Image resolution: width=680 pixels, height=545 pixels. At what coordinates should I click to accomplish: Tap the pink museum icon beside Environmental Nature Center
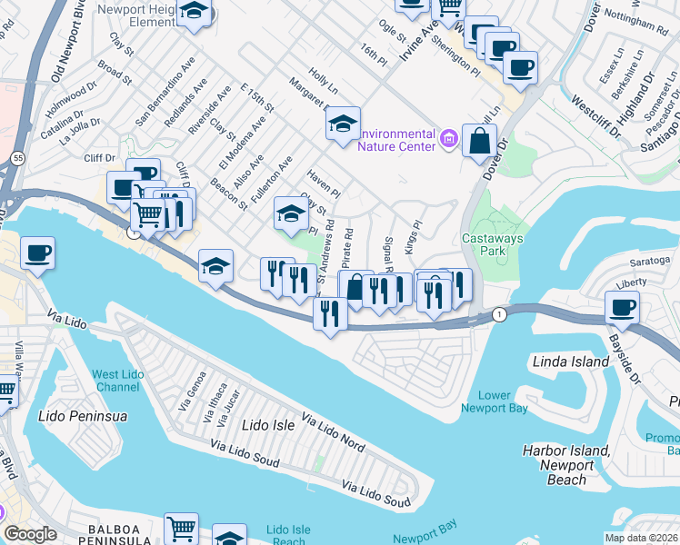[x=447, y=139]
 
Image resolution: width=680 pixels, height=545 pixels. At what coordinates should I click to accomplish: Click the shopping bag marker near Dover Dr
[x=479, y=142]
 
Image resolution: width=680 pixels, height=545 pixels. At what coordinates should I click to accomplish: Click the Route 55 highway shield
[x=18, y=156]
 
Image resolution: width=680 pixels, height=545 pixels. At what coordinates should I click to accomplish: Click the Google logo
[x=31, y=534]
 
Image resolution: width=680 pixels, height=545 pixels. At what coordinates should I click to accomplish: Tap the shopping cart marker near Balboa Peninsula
[x=181, y=528]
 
